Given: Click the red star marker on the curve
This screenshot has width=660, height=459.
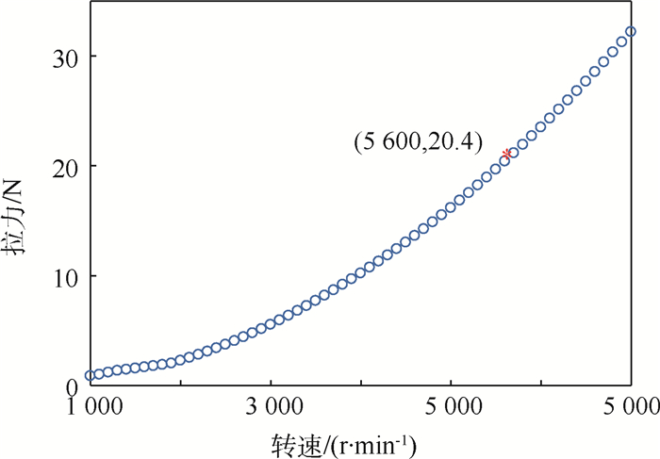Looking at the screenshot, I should pos(507,154).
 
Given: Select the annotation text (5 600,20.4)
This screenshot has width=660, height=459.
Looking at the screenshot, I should pos(418,142).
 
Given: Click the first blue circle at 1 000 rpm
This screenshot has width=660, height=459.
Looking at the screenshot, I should pos(91,375).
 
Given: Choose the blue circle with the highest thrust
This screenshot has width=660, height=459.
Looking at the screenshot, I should pos(631,31).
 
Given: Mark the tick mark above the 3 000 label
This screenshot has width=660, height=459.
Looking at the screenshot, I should pos(271,382).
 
